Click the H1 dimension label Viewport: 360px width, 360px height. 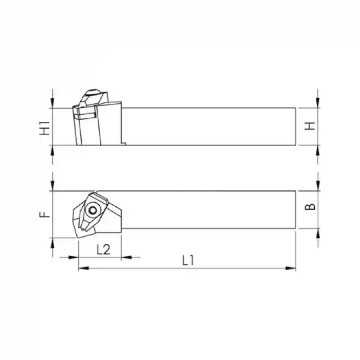point(46,127)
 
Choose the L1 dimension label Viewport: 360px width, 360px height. point(188,260)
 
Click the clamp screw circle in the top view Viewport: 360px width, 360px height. point(93,210)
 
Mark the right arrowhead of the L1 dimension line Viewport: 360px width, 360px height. point(293,268)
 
